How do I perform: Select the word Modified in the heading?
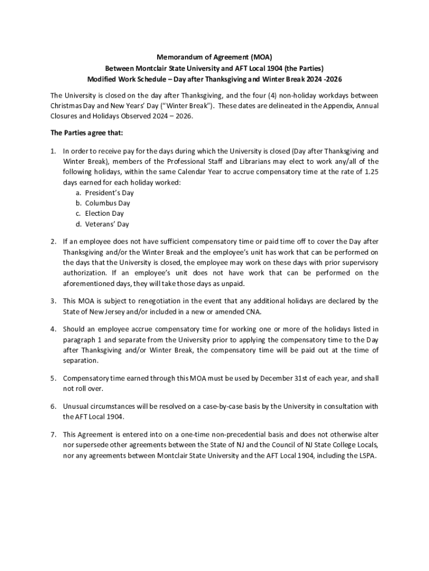click(101, 79)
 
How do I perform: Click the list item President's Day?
click(109, 193)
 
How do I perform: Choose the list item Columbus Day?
click(108, 204)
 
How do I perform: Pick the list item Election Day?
click(104, 214)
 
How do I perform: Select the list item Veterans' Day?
click(107, 224)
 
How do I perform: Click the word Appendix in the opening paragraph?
click(331, 105)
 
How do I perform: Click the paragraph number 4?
click(53, 329)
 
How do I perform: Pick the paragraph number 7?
click(53, 434)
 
